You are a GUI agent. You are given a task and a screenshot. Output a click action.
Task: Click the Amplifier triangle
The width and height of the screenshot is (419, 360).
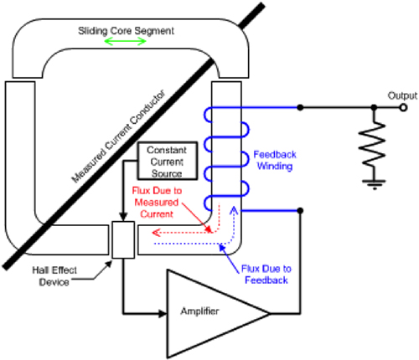click(214, 311)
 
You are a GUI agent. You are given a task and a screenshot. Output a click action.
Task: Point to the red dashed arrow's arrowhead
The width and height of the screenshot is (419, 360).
click(141, 234)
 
